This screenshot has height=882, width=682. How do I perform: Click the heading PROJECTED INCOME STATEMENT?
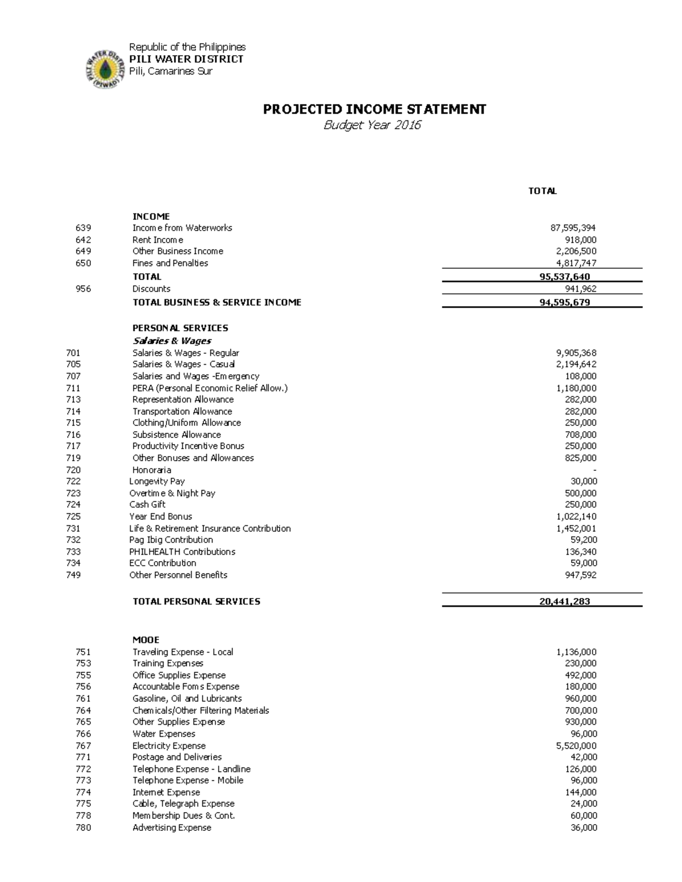coord(374,109)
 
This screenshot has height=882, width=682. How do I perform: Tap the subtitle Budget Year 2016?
coord(372,125)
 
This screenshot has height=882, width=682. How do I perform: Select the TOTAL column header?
coord(542,191)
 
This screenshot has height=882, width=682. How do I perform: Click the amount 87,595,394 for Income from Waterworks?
coord(573,228)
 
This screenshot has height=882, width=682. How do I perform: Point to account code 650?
coord(83,263)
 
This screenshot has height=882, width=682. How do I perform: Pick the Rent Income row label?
coord(157,240)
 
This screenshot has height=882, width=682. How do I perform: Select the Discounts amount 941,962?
coord(580,289)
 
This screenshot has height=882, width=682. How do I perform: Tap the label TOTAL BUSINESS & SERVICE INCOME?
coord(217,302)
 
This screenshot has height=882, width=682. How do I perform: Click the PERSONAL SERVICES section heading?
coord(180,328)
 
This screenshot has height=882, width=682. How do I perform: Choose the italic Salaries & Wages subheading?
coord(172,341)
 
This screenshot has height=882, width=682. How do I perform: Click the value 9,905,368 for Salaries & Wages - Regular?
coord(576,353)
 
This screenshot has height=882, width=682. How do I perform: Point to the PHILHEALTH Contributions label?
coord(182,551)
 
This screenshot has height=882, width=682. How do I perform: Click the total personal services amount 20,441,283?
coord(564,601)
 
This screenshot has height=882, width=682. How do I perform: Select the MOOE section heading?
coord(146,639)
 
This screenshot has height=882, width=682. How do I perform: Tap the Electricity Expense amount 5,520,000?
coord(576,746)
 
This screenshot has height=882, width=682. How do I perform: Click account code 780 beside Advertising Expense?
coord(83,827)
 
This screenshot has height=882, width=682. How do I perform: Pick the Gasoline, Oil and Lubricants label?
coord(187,699)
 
